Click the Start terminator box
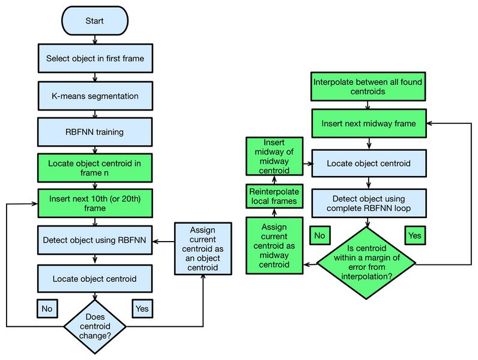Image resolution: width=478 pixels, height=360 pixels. click(94, 21)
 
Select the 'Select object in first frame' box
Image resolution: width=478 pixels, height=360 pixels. click(94, 59)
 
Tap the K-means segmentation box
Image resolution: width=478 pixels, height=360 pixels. click(94, 96)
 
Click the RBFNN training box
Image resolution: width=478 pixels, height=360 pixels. click(94, 132)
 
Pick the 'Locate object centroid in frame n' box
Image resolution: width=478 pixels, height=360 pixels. click(94, 167)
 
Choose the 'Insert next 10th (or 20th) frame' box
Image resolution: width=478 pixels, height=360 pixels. click(94, 203)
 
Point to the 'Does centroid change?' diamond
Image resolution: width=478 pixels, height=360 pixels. click(95, 326)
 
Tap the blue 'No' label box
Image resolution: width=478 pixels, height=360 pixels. click(47, 308)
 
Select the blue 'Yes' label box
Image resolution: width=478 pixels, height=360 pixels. click(142, 308)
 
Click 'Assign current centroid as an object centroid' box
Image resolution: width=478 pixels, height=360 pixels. click(204, 249)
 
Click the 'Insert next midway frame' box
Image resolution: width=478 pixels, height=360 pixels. click(368, 124)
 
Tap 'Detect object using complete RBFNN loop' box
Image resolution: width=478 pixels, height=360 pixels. click(368, 204)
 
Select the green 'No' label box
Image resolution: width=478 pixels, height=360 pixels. click(321, 235)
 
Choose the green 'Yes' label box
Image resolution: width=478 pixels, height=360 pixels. click(415, 235)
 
